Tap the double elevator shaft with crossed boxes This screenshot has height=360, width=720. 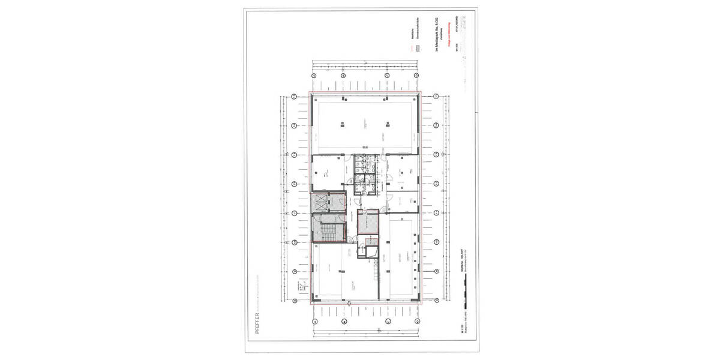tap(322, 203)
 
